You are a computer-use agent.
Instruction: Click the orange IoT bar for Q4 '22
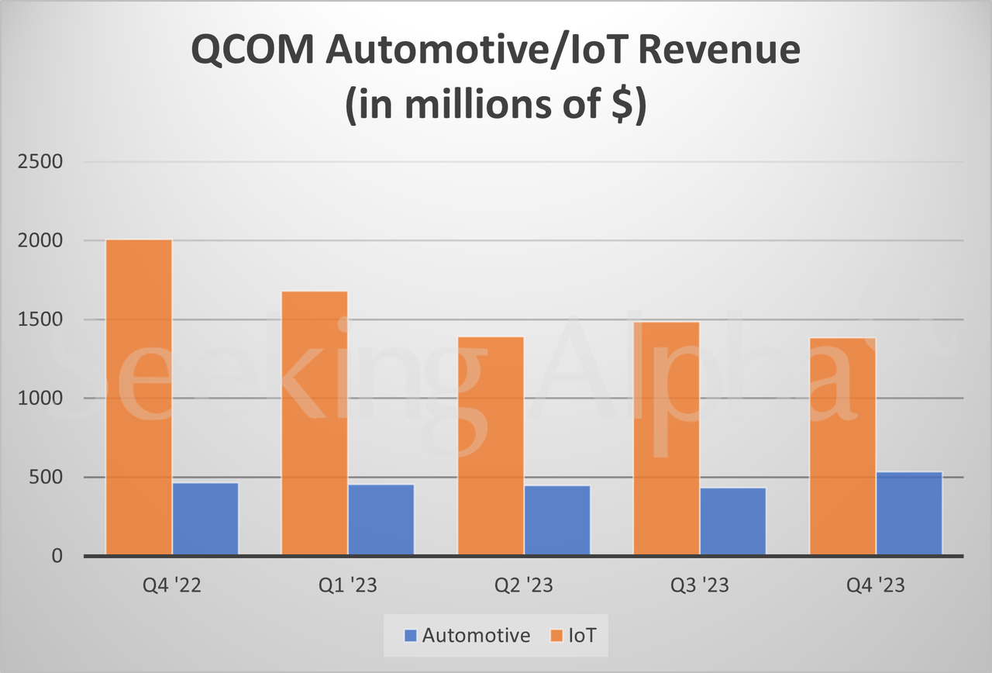[x=139, y=397]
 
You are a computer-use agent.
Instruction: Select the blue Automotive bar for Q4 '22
[x=205, y=519]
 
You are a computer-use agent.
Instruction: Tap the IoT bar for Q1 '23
[x=315, y=423]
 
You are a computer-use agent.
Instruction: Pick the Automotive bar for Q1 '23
[x=381, y=520]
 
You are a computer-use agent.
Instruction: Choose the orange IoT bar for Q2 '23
[x=491, y=446]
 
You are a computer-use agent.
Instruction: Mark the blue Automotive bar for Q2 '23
[x=557, y=521]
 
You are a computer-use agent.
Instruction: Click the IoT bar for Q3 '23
[x=666, y=439]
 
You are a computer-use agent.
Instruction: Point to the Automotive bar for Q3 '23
[x=733, y=522]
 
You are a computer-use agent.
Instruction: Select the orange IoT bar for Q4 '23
[x=842, y=447]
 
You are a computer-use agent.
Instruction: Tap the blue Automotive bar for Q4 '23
[x=909, y=514]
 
